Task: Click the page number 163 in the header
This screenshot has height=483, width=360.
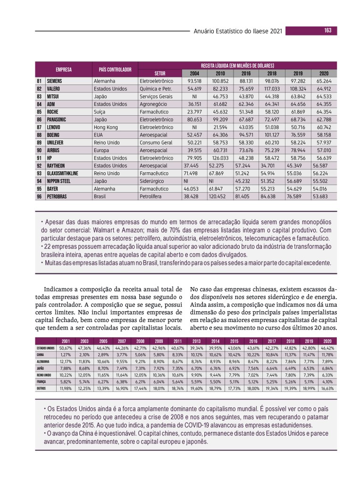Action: coord(327,31)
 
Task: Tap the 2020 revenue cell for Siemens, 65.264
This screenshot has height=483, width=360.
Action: coord(324,81)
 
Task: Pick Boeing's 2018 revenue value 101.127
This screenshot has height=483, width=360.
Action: coord(272,134)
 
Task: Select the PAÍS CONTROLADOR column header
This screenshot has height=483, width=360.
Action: coord(115,69)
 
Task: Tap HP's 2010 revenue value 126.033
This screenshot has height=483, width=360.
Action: coord(220,157)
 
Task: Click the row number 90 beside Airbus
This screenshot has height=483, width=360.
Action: coord(39,149)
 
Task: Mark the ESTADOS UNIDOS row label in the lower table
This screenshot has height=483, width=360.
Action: coord(46,348)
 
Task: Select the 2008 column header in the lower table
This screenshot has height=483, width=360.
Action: coord(140,341)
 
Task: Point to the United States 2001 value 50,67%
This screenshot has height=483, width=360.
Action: coord(66,348)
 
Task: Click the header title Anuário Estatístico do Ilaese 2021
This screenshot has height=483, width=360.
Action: coord(238,31)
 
